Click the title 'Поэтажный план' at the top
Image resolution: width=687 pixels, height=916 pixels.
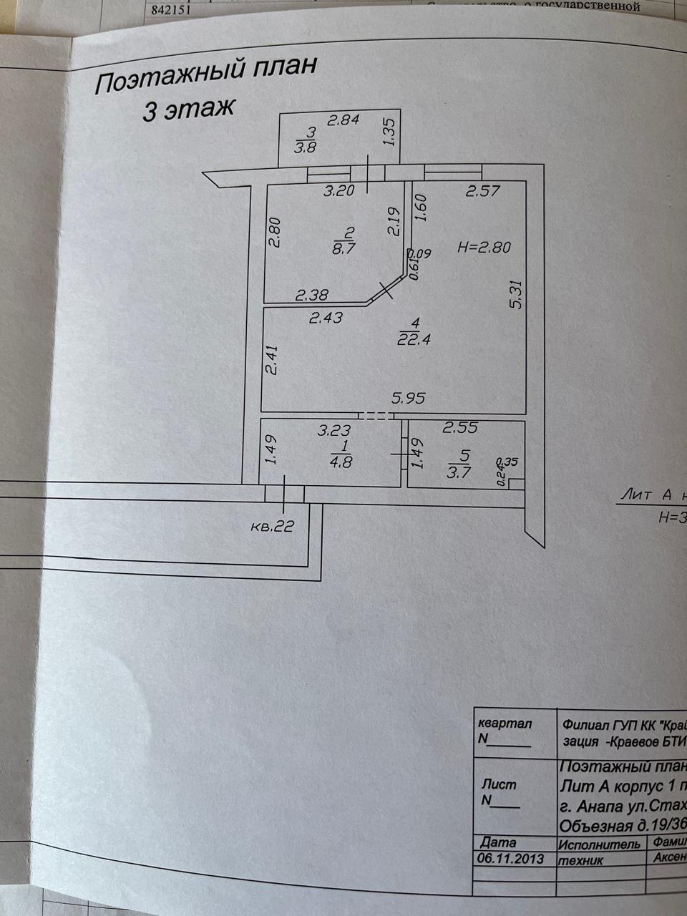[x=205, y=76]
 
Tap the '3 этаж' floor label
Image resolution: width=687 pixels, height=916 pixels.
[x=188, y=109]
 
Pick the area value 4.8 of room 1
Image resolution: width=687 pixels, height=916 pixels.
[x=341, y=462]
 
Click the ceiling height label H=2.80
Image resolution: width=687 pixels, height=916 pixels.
[x=484, y=248]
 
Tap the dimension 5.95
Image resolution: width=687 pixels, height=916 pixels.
[x=408, y=398]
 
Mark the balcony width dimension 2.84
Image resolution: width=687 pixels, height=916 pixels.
[x=343, y=120]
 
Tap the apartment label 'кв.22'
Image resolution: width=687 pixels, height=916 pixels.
[x=273, y=527]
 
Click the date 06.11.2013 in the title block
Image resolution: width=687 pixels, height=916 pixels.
[x=509, y=858]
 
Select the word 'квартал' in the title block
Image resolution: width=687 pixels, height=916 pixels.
[x=505, y=723]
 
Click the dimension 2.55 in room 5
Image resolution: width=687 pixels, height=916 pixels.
[x=460, y=428]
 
